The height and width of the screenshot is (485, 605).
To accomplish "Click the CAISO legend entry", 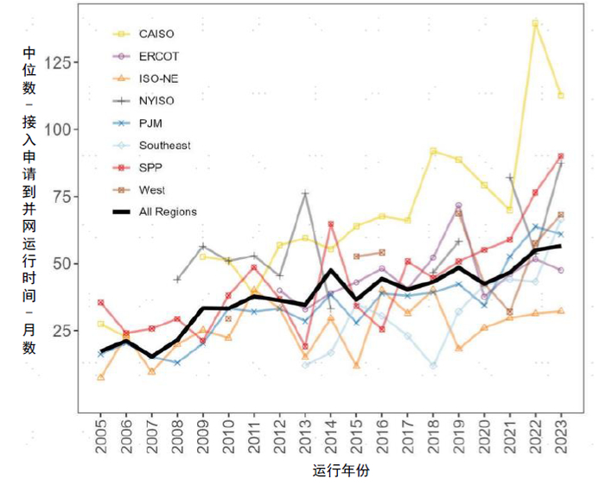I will click(x=156, y=35).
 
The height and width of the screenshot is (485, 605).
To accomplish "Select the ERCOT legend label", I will click(x=157, y=56).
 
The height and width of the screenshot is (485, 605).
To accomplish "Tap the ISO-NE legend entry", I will click(x=159, y=79).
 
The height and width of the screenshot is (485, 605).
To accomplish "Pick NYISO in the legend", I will click(x=157, y=101).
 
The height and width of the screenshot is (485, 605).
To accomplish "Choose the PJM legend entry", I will click(x=150, y=123).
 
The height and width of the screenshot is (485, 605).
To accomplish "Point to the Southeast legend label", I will click(x=164, y=145).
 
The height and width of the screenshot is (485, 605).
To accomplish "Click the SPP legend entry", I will click(x=150, y=167).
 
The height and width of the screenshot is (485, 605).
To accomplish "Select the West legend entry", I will click(x=151, y=190).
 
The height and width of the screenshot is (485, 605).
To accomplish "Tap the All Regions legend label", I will click(x=168, y=211).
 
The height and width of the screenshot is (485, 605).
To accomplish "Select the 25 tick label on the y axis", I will click(x=65, y=331).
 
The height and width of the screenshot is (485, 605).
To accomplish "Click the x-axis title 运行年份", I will click(x=341, y=470).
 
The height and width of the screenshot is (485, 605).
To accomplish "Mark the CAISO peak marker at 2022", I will click(x=535, y=23).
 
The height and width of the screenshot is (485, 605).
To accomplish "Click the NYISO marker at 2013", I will click(x=305, y=193).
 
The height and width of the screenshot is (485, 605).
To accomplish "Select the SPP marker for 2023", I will click(x=561, y=156).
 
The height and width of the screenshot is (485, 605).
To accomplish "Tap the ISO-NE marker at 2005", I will click(x=101, y=377).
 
